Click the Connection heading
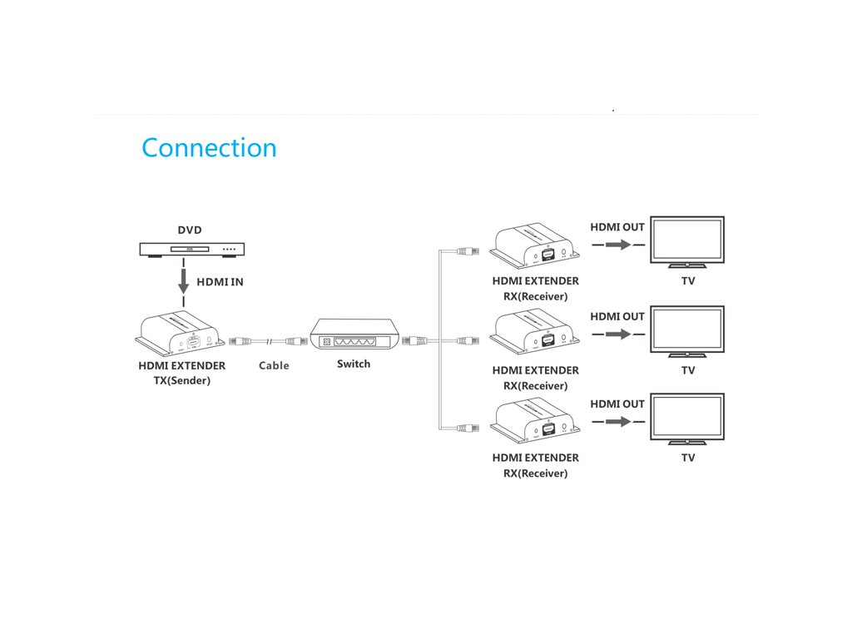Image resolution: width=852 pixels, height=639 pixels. point(209,148)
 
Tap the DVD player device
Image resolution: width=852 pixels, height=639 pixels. point(191,249)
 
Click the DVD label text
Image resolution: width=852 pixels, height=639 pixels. point(190,230)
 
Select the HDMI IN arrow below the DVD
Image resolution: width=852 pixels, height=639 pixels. point(183,280)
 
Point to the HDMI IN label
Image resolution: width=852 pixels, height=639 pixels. point(220,282)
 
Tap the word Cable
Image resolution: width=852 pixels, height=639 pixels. point(274,365)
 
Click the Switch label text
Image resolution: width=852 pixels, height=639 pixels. point(354,364)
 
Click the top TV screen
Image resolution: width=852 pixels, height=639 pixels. point(687,240)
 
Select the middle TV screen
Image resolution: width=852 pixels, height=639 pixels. point(687,329)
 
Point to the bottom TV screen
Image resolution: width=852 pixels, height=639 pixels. point(687,418)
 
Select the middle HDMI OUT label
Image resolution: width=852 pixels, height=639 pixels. point(617,316)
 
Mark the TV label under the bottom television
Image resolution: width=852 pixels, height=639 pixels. point(688,458)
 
